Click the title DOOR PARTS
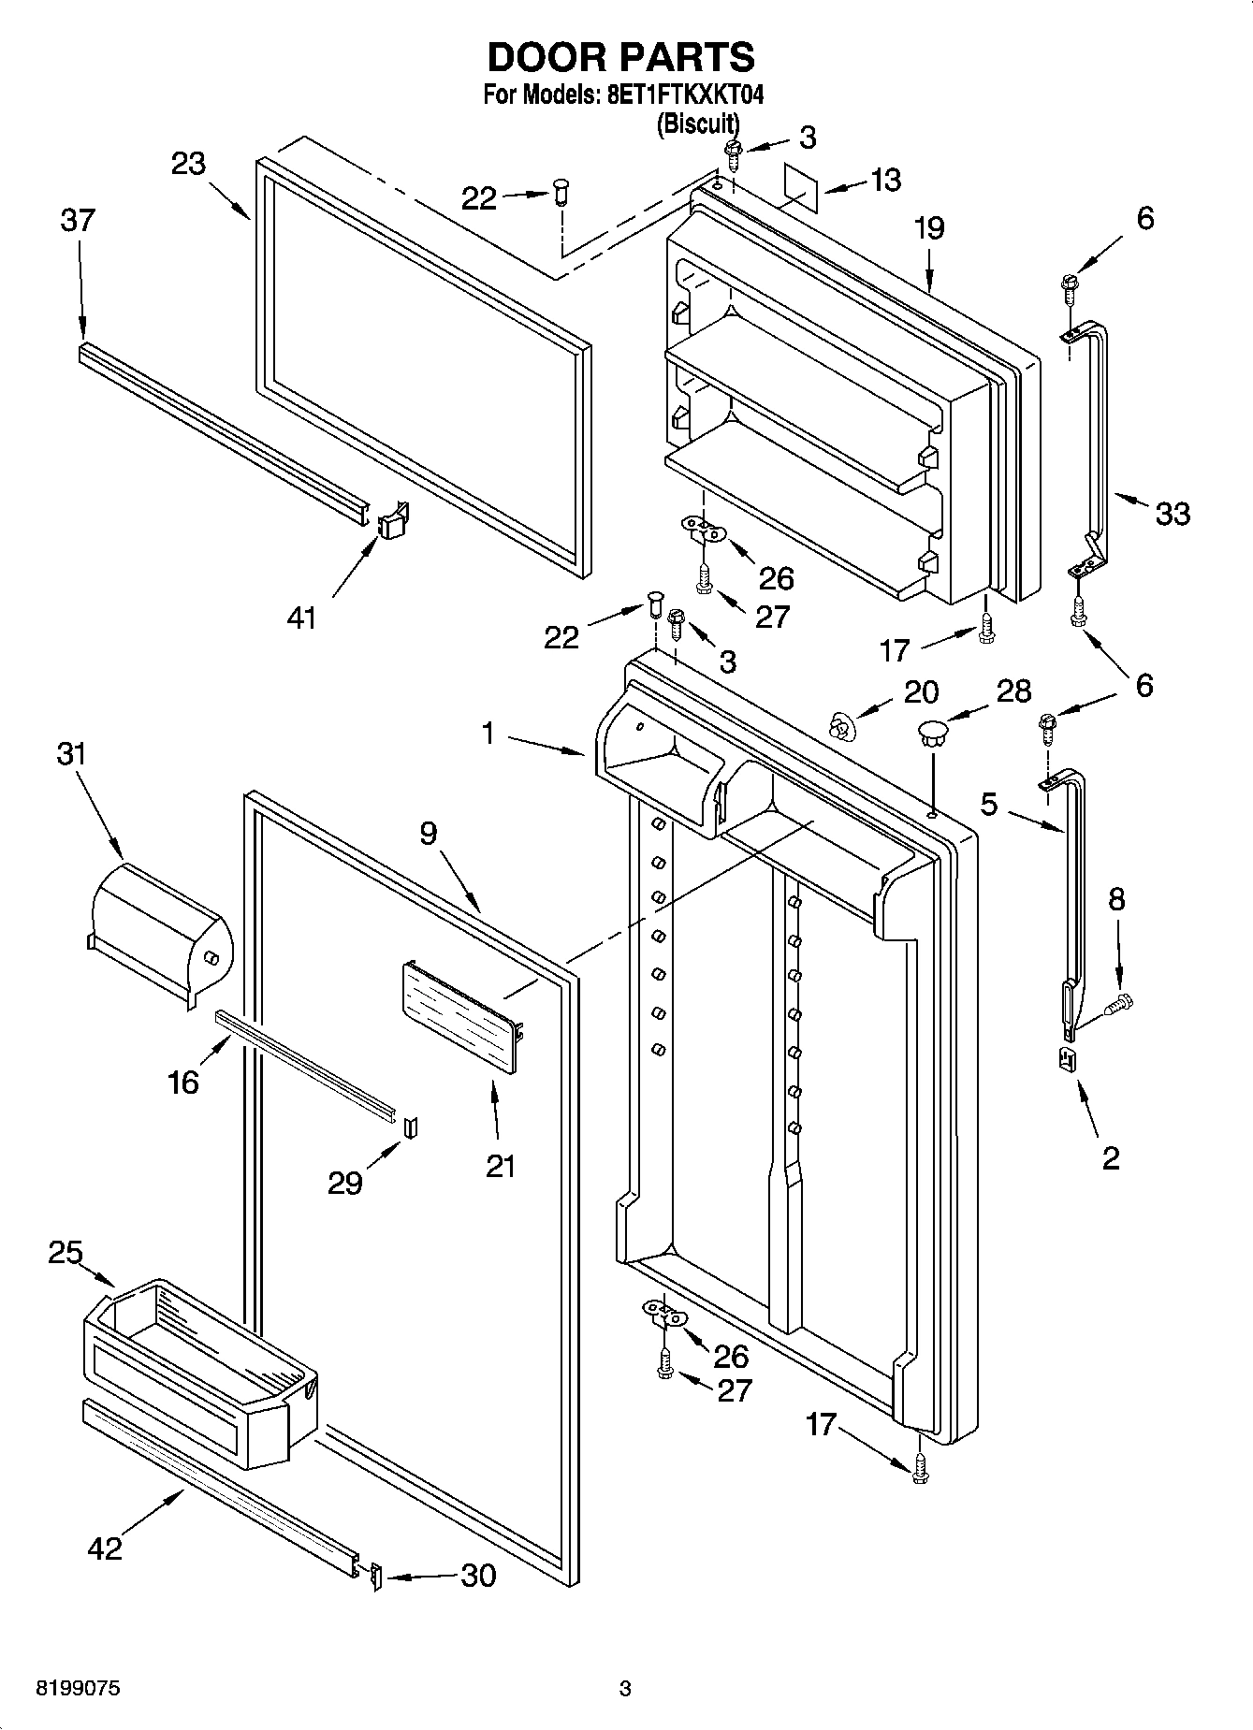[x=621, y=58]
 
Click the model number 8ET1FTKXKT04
[x=680, y=95]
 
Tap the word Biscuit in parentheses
[x=697, y=124]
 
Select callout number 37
[x=78, y=221]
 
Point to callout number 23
[x=188, y=164]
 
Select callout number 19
[x=929, y=228]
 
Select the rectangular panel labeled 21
[x=460, y=1019]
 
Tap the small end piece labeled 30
[x=376, y=1577]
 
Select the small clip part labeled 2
[x=1066, y=1060]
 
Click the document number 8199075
[x=77, y=1689]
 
